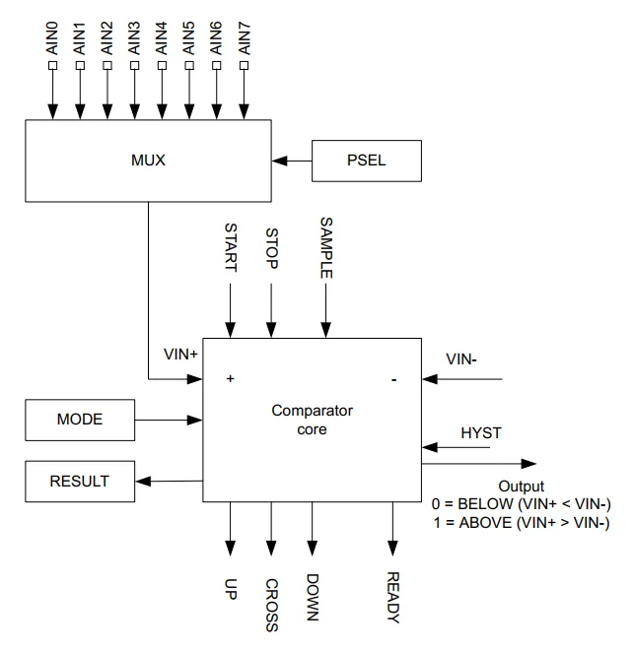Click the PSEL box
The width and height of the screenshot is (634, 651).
(367, 161)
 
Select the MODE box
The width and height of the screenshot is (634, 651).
(80, 420)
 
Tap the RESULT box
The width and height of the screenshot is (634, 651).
(80, 482)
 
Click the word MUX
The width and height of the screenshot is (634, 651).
(147, 160)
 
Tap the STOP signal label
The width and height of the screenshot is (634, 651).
(272, 250)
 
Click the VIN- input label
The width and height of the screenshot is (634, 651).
(461, 360)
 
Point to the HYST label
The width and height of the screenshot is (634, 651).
(480, 433)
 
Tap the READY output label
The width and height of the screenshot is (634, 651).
(393, 597)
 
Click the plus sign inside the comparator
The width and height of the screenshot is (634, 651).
(231, 378)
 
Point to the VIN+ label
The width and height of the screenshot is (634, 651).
(181, 353)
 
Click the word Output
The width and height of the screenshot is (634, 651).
(521, 487)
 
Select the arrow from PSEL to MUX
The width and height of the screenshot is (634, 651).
(293, 160)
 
